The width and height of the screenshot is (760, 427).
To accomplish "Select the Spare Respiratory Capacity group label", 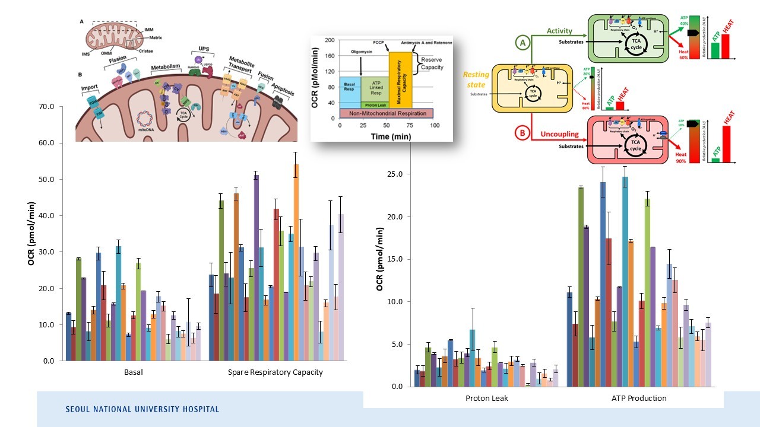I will pos(275,372).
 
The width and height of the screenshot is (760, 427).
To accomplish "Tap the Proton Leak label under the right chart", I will pos(486,398).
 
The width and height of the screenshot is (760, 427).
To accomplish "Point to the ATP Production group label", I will pos(639,398).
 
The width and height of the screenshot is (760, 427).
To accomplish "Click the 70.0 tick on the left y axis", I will pos(45,107).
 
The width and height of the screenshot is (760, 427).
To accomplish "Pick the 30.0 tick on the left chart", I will pos(45,252).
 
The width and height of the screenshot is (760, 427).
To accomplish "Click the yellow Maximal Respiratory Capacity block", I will pos(400,79).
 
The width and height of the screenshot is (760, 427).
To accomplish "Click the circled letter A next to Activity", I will pos(522,43).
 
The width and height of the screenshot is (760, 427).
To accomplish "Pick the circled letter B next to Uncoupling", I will pos(522,134).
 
